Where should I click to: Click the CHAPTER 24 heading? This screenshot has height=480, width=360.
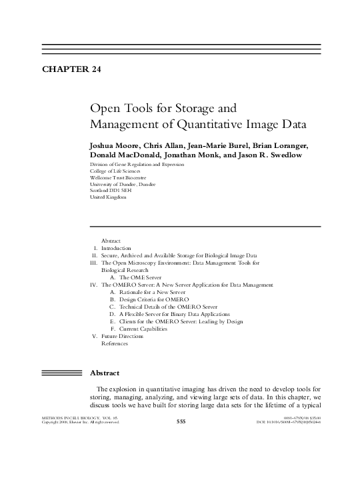click(71, 69)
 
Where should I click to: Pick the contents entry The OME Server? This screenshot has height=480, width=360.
click(138, 277)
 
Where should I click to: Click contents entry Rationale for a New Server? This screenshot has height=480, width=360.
click(151, 292)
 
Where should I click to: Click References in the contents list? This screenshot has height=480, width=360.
click(114, 343)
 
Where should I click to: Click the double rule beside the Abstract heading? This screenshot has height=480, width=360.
click(60, 373)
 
